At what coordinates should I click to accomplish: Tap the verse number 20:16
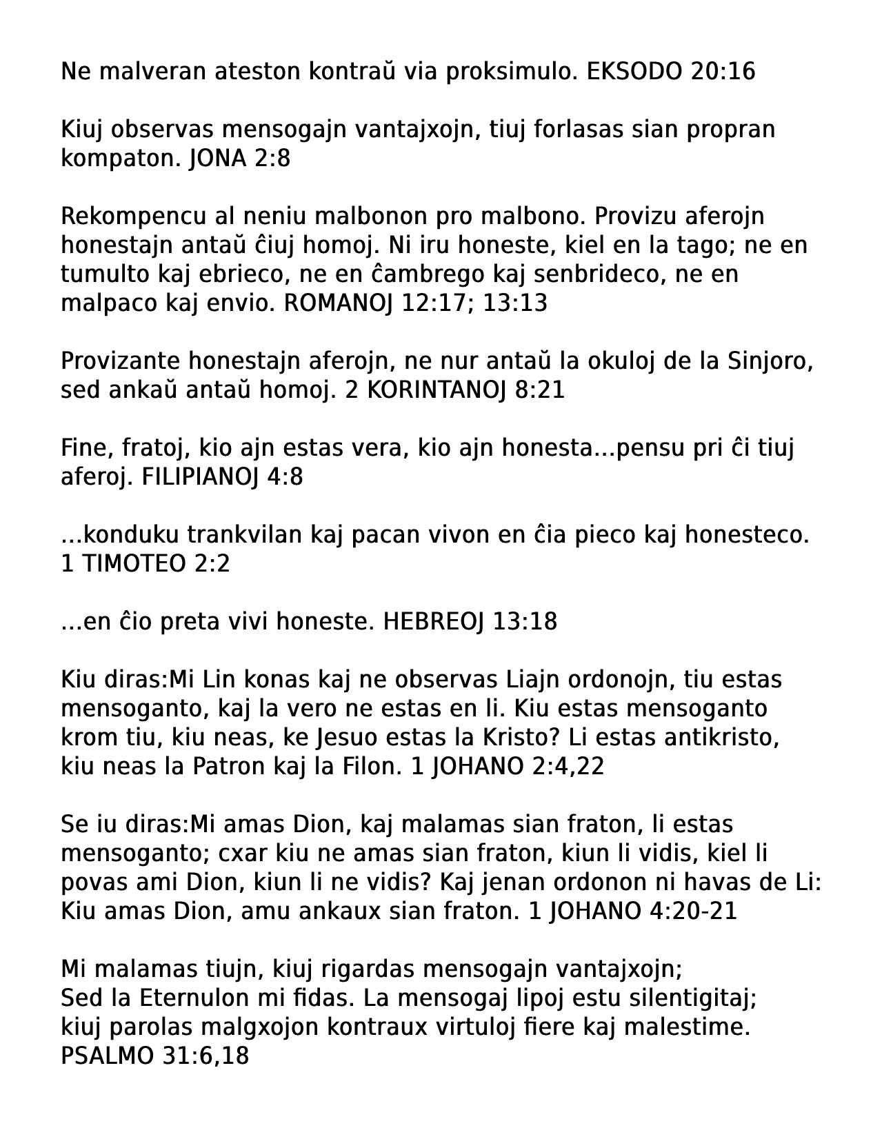[723, 72]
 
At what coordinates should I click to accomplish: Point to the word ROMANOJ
[338, 303]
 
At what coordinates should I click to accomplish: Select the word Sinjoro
[770, 361]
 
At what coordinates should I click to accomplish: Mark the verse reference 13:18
[525, 622]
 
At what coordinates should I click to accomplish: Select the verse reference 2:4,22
[568, 767]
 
